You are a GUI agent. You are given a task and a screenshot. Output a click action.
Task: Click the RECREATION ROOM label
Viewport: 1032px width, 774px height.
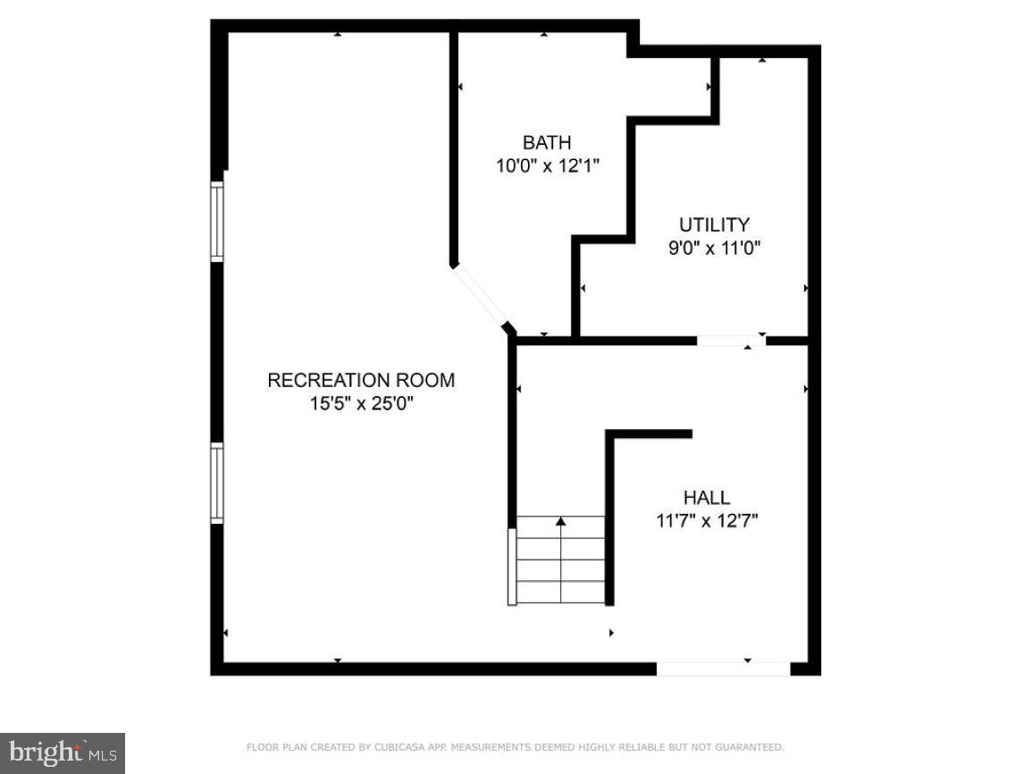pyautogui.click(x=361, y=381)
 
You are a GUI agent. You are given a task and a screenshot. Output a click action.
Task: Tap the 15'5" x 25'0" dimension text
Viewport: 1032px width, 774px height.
pyautogui.click(x=361, y=404)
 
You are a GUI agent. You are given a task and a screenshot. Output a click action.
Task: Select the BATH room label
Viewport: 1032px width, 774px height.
pyautogui.click(x=547, y=143)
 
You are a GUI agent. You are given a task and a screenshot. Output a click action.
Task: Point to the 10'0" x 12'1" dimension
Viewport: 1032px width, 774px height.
pyautogui.click(x=547, y=165)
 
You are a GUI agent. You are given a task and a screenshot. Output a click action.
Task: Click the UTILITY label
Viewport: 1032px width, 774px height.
pyautogui.click(x=714, y=225)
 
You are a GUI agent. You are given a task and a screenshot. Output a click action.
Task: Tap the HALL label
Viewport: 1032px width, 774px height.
pyautogui.click(x=706, y=498)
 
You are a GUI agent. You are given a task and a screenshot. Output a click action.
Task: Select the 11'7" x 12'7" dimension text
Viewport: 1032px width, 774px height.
pyautogui.click(x=706, y=520)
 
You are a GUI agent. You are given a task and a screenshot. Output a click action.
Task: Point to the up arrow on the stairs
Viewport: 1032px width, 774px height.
pyautogui.click(x=561, y=520)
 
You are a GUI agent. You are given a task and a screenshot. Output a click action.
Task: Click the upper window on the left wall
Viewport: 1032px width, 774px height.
pyautogui.click(x=216, y=221)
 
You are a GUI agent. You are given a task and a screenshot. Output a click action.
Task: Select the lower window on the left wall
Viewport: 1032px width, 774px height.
pyautogui.click(x=216, y=483)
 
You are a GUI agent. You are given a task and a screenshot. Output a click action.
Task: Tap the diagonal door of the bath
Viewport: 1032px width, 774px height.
pyautogui.click(x=481, y=295)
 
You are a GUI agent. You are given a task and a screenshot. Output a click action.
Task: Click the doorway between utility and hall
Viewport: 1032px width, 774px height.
pyautogui.click(x=731, y=341)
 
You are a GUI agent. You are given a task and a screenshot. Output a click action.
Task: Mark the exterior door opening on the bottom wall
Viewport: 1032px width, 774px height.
pyautogui.click(x=723, y=669)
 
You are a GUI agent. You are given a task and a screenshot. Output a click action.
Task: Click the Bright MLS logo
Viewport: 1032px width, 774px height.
pyautogui.click(x=62, y=753)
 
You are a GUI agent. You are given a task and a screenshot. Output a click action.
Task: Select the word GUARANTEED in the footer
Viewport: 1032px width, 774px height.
pyautogui.click(x=752, y=747)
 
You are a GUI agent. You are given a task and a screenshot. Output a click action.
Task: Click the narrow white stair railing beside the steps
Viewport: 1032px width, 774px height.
pyautogui.click(x=512, y=567)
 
